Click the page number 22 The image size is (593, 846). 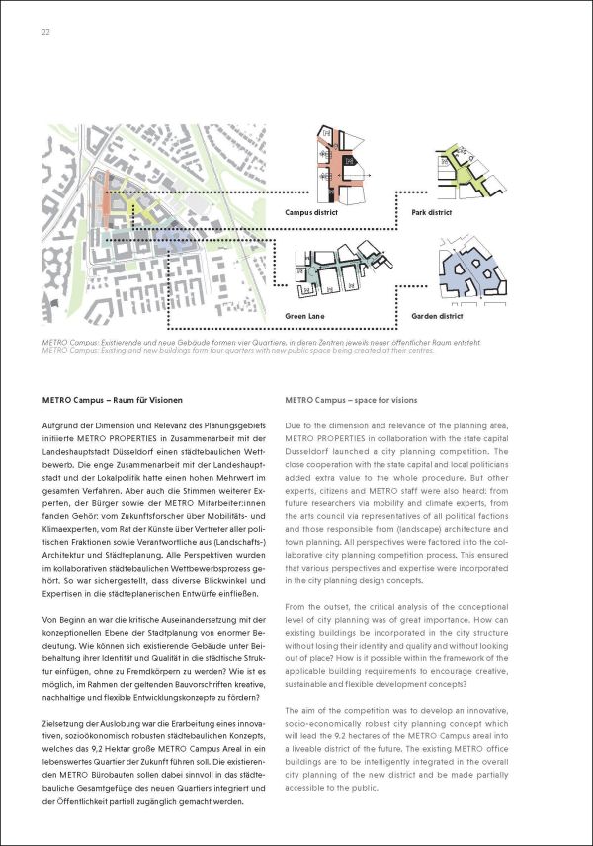[45, 32]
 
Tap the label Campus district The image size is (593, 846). [312, 212]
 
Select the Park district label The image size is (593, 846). [432, 212]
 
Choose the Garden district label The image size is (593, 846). [437, 316]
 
